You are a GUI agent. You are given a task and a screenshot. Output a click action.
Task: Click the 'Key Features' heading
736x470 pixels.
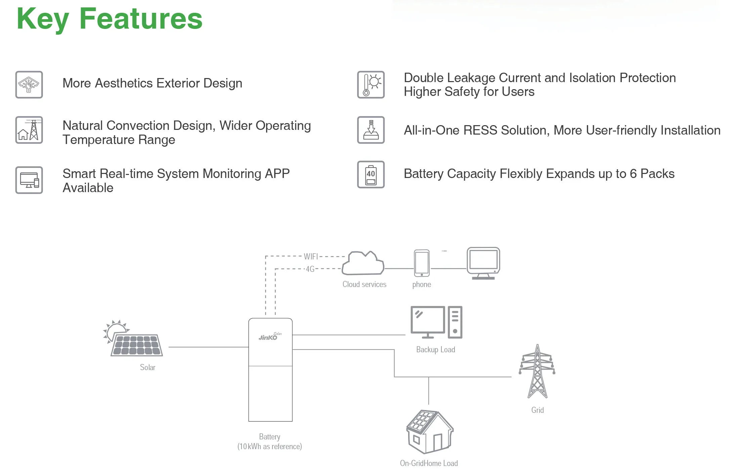tap(110, 19)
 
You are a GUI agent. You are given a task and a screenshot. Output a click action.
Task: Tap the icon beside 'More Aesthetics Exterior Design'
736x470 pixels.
tap(29, 85)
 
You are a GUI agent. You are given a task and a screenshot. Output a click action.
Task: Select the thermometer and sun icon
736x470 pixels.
tap(371, 85)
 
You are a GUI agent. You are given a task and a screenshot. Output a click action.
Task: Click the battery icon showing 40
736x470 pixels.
tap(371, 175)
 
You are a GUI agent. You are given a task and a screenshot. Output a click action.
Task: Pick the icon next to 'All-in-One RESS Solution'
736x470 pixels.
tap(371, 130)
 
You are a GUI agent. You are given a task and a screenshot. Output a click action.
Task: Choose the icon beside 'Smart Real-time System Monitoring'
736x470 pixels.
tap(29, 180)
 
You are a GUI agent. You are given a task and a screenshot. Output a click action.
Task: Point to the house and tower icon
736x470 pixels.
tap(29, 130)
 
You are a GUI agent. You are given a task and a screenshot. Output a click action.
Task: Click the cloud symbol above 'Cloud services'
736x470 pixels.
tap(363, 263)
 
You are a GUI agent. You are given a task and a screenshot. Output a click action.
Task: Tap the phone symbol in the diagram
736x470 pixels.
tap(422, 263)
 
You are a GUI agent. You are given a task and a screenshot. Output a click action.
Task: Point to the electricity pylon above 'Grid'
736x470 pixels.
tap(537, 371)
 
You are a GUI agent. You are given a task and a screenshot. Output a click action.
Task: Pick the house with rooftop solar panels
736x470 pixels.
tap(430, 432)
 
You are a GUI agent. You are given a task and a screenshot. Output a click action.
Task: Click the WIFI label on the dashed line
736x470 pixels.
tap(311, 257)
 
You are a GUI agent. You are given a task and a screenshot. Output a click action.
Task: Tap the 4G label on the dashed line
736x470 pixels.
tap(310, 269)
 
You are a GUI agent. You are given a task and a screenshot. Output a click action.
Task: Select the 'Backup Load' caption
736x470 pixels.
tap(435, 350)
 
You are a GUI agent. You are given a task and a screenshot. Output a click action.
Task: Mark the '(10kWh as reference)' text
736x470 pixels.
tap(269, 446)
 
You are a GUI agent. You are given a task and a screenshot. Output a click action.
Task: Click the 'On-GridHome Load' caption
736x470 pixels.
tap(429, 463)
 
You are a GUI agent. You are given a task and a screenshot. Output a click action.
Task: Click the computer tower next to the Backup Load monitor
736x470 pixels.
tap(455, 322)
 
